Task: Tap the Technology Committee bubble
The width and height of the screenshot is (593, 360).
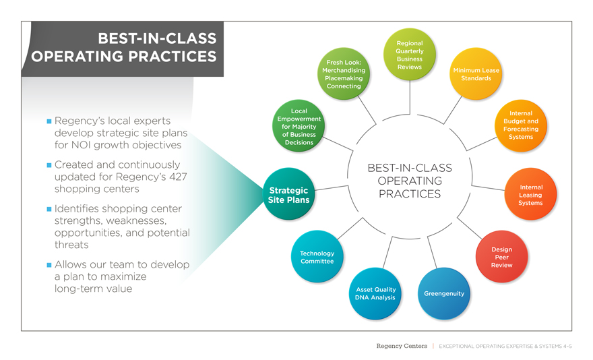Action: point(317,257)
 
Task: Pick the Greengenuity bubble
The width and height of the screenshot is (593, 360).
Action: point(443,294)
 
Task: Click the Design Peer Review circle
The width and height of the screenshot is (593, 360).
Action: point(501,257)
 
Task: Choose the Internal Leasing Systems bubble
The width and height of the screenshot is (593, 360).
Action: point(530,195)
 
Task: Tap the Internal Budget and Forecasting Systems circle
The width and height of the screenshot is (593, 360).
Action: point(520,125)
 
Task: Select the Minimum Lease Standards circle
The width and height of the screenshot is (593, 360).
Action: point(476,74)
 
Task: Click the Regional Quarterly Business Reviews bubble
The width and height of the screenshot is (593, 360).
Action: point(410,55)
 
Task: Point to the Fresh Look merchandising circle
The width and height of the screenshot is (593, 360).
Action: point(344,74)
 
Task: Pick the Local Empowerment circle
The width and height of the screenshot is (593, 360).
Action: point(299,127)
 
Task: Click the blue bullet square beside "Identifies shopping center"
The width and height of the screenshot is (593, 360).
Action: point(49,209)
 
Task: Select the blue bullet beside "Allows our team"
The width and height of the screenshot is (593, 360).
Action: point(49,265)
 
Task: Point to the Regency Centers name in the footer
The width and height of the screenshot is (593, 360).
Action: point(401,346)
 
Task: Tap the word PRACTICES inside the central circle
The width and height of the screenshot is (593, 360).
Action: point(409,194)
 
